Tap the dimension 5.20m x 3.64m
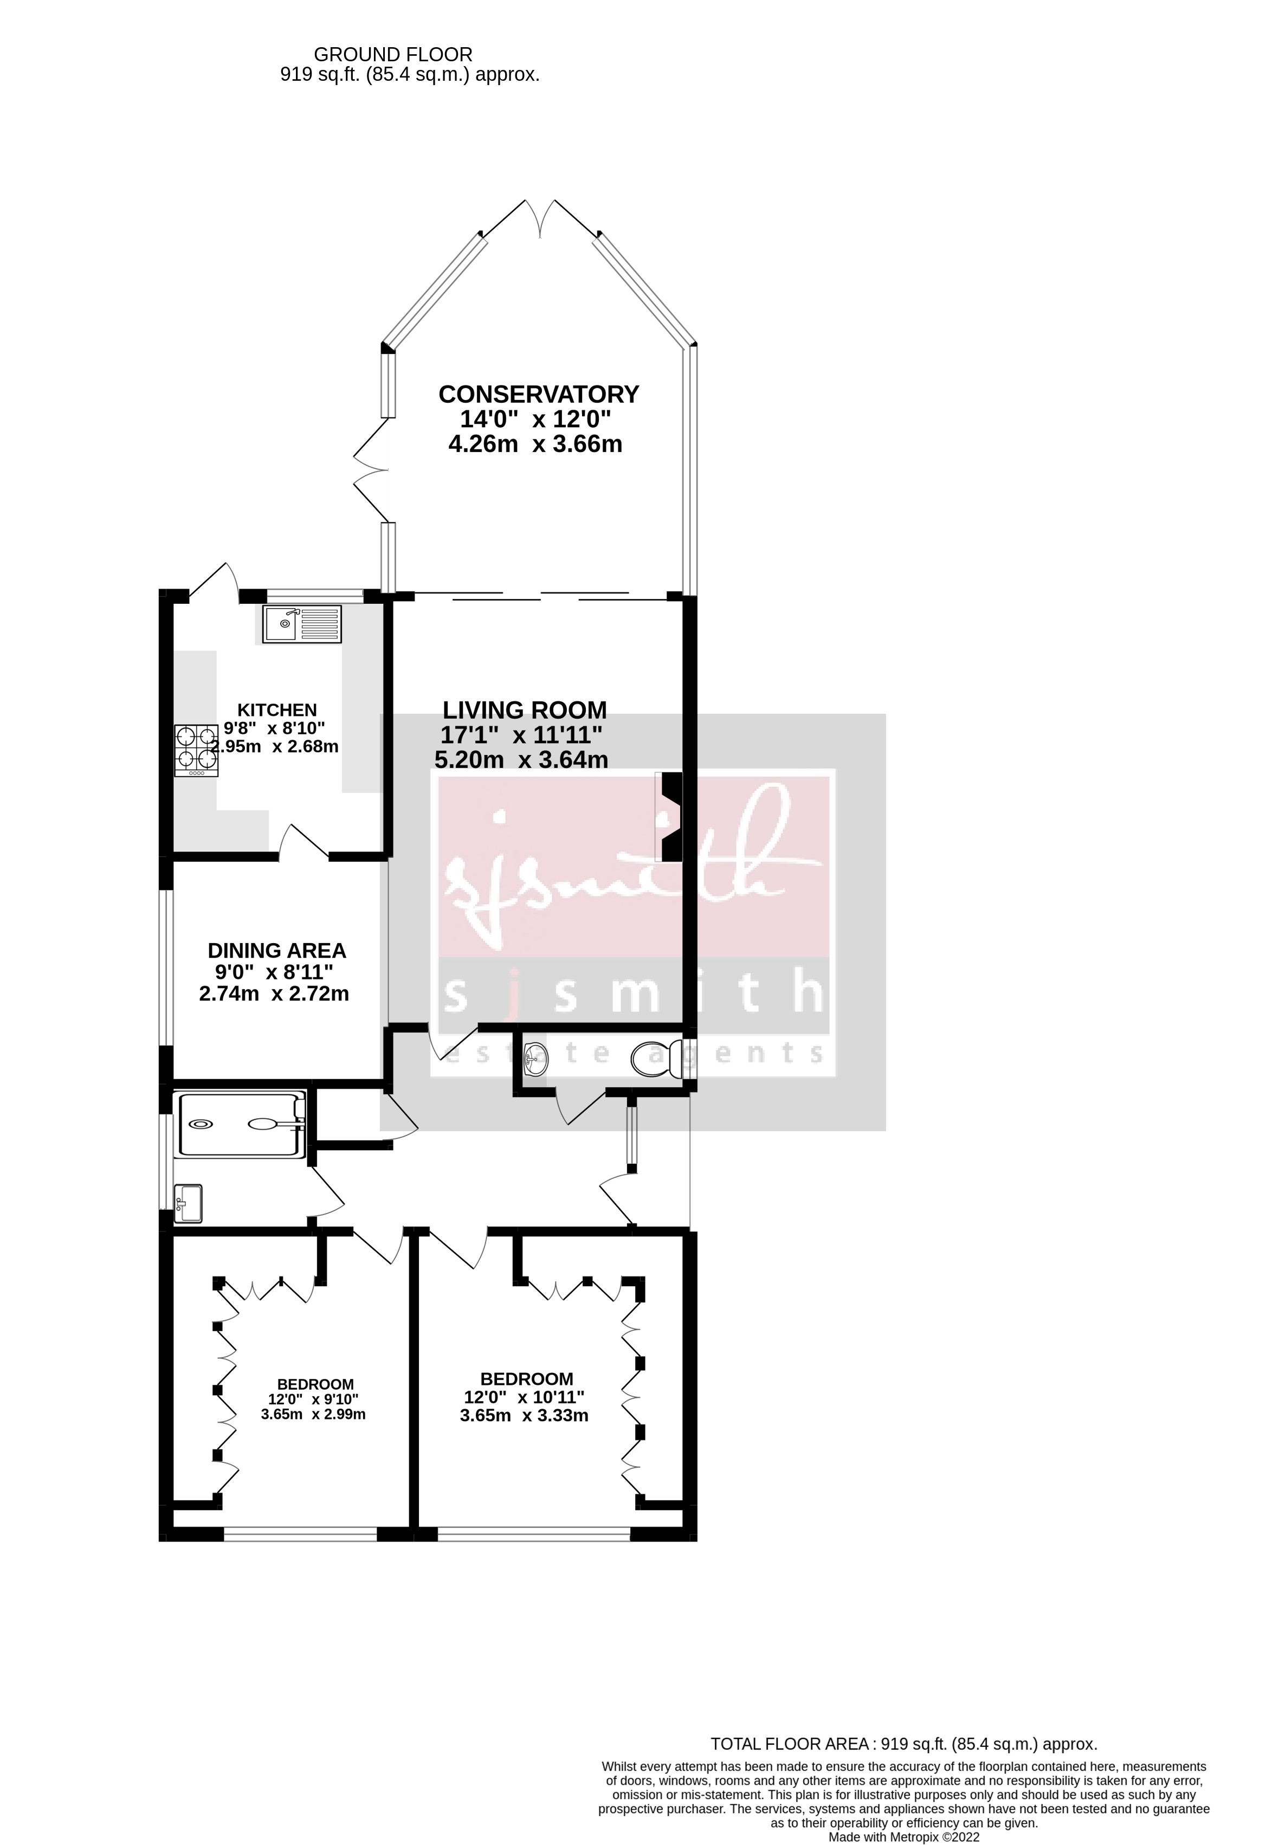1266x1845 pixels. [521, 760]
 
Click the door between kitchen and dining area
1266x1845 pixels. [304, 844]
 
